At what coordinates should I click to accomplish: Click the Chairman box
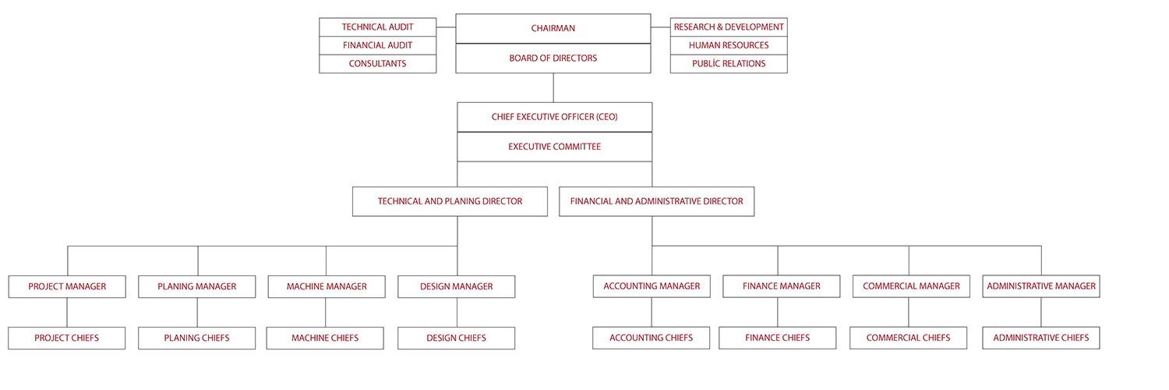point(553,29)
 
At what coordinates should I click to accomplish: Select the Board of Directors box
point(553,58)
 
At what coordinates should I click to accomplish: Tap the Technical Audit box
point(378,27)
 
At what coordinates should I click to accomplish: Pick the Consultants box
point(378,64)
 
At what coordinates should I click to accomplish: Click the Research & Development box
point(729,27)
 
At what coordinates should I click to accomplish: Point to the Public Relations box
point(729,64)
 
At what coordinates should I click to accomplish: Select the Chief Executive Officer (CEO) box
point(554,117)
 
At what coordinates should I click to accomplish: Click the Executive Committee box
point(554,147)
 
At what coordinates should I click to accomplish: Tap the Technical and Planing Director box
point(450,201)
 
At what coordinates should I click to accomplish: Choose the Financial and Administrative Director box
point(656,201)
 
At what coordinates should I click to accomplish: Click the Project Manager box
point(67,286)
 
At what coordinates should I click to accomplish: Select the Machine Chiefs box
point(325,338)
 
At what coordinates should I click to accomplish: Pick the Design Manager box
point(456,286)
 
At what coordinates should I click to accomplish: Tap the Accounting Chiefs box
point(652,338)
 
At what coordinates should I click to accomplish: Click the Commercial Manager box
point(911,286)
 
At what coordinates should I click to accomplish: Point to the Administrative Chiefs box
point(1041,338)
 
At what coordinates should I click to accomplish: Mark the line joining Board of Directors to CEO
point(553,87)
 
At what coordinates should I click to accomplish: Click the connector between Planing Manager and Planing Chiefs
point(197,312)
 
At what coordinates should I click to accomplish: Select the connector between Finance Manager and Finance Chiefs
point(778,312)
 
